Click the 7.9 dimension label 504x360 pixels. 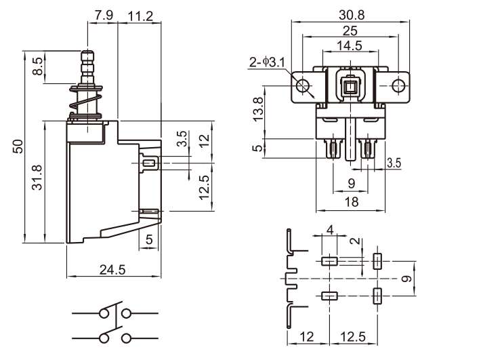coord(104,15)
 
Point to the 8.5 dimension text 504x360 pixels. coord(38,66)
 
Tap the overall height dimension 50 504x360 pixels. coord(18,146)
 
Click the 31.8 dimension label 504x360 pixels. coord(38,178)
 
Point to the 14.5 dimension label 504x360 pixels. coord(350,46)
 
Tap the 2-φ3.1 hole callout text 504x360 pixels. coord(266,63)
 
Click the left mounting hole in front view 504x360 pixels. coord(303,85)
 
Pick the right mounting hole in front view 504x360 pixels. coord(399,85)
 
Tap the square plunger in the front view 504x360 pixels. coord(350,85)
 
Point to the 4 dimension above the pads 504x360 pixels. coord(330,231)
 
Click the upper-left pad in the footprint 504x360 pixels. coord(330,261)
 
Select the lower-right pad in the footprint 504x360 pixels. coord(377,296)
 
